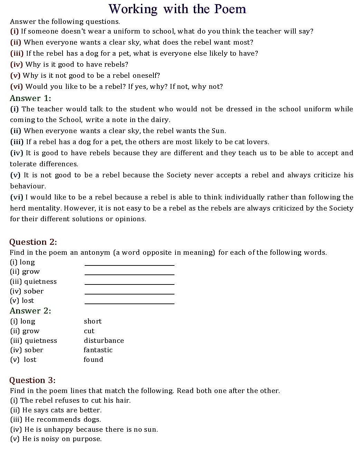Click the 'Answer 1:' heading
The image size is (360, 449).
pos(30,98)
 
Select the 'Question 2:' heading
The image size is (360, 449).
pos(33,242)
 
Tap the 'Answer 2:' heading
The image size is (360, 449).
pos(30,311)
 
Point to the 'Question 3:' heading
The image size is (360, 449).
pos(32,380)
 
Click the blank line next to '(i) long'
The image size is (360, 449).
pos(130,264)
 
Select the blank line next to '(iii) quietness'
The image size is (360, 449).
pos(130,284)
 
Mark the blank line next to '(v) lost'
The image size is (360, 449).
pos(130,303)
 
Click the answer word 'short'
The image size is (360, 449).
pos(93,321)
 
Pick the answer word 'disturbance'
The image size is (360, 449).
pos(104,341)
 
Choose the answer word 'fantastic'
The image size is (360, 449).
pos(98,350)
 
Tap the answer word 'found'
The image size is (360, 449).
pos(93,360)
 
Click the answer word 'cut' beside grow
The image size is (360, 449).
pos(89,331)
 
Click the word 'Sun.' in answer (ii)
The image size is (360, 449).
pos(219,131)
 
